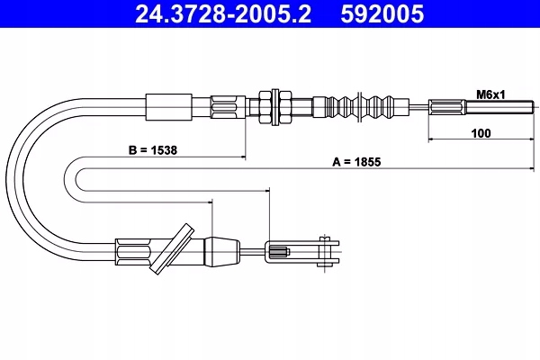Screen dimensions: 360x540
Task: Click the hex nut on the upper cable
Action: click(270, 107)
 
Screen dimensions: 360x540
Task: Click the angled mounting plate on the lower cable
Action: click(171, 246)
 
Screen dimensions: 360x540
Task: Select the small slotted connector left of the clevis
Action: click(277, 251)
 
